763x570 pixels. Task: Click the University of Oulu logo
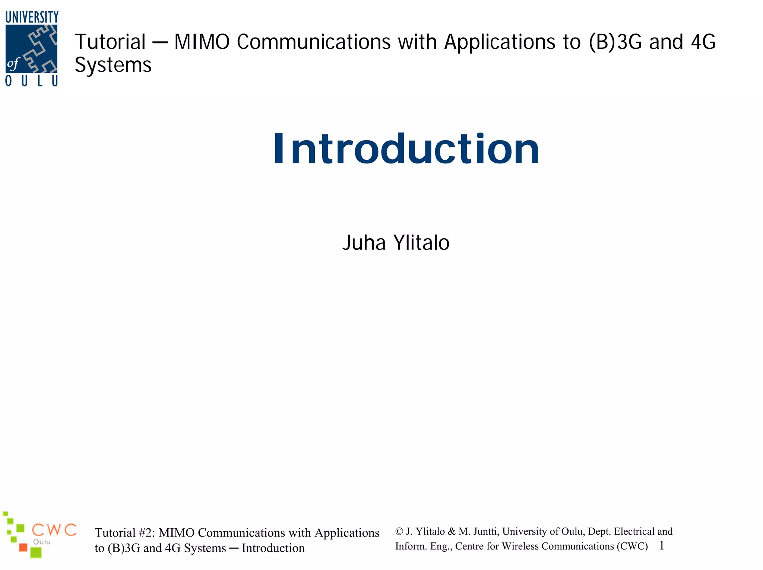[32, 49]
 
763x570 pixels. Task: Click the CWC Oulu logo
[39, 535]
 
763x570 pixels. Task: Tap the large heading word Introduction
[406, 149]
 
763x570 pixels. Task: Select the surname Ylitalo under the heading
[421, 243]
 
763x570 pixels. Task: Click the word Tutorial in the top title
[110, 42]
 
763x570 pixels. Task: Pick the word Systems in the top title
[113, 66]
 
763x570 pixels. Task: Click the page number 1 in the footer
[662, 546]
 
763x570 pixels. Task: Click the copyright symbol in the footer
[399, 532]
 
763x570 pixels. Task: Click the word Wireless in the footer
[520, 546]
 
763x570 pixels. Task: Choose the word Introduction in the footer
[273, 548]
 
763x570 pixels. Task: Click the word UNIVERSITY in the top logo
[32, 17]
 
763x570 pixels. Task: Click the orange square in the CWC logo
[23, 547]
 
